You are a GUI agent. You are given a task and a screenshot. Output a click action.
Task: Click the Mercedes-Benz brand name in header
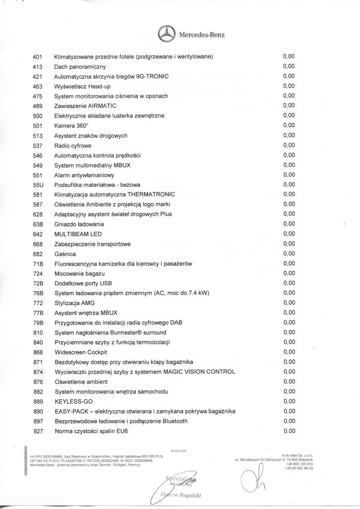201,35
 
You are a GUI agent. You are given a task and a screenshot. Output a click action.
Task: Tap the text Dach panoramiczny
80,66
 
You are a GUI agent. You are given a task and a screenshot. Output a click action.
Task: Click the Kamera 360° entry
71,125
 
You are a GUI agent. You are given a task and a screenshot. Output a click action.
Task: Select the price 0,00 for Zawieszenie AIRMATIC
289,105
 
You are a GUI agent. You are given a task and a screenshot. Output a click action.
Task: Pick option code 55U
37,184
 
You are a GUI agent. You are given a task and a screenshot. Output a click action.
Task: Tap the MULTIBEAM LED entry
78,234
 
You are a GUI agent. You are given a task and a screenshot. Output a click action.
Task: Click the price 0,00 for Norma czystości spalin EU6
289,431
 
